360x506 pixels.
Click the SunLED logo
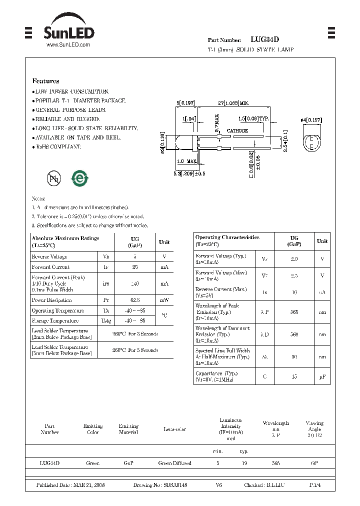(x=68, y=33)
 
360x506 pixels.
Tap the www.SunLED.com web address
(x=68, y=45)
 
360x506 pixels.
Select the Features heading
(x=45, y=81)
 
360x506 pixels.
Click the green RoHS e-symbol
(x=79, y=178)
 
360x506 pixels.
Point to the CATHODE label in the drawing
(x=237, y=130)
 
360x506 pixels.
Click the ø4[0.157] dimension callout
(x=310, y=120)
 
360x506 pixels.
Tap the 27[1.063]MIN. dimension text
(x=233, y=102)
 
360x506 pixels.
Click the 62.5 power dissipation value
(x=135, y=300)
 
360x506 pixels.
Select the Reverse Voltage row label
(x=49, y=256)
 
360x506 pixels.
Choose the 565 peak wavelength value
(x=294, y=311)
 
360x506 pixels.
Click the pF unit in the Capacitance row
(x=322, y=376)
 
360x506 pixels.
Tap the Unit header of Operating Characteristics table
(x=322, y=241)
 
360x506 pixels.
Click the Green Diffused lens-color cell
(x=174, y=463)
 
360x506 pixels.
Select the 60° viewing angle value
(x=314, y=463)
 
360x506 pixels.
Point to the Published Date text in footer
(x=70, y=485)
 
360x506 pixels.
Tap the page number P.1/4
(x=315, y=485)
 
